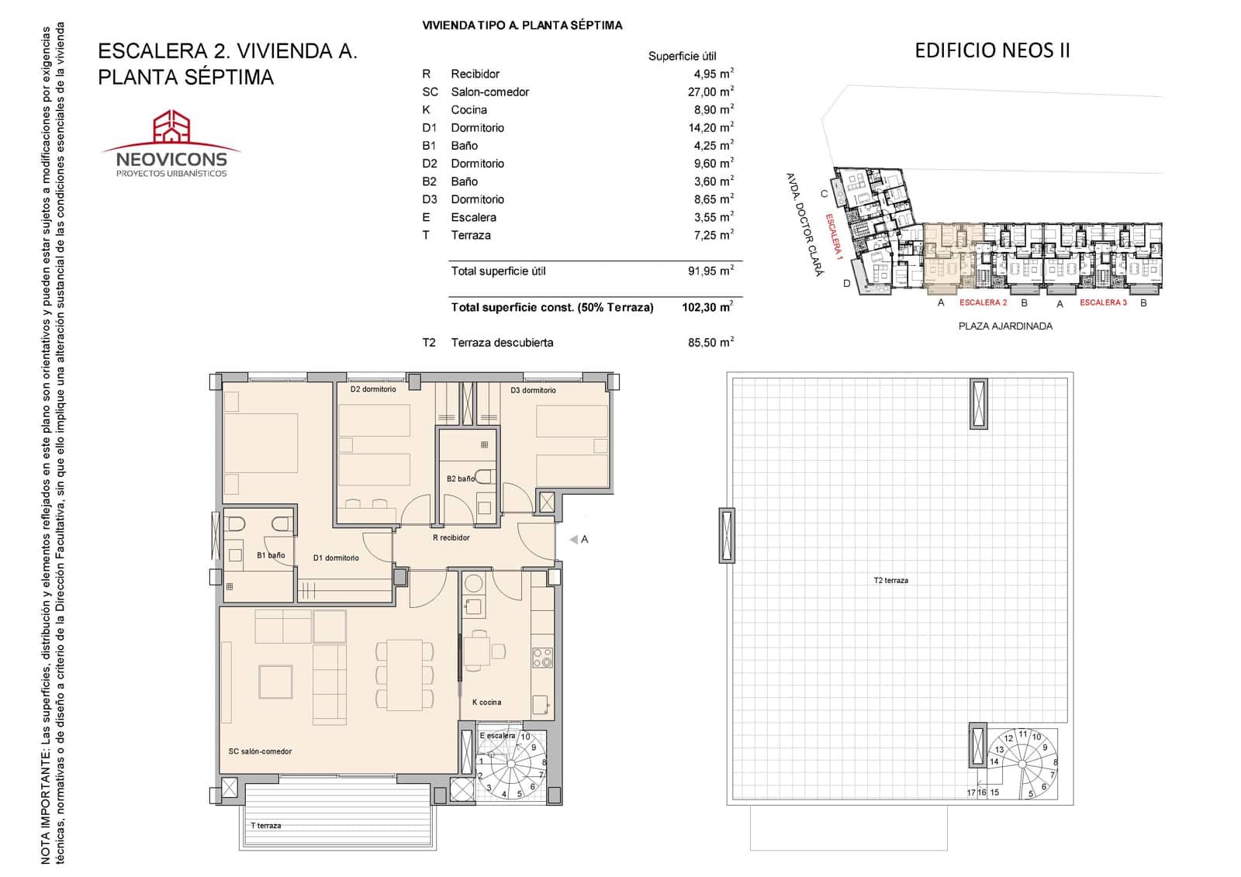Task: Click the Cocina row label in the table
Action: click(x=468, y=109)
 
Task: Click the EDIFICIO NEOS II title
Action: click(x=992, y=50)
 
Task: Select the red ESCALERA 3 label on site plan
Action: click(x=1103, y=302)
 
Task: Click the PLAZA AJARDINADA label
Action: click(x=1005, y=326)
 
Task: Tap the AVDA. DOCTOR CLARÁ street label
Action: click(x=804, y=225)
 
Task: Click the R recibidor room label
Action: click(x=451, y=537)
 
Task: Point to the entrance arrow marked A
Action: click(x=574, y=539)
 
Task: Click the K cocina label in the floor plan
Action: click(x=486, y=702)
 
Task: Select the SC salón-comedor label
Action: click(x=260, y=751)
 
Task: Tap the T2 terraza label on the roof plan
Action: click(x=890, y=580)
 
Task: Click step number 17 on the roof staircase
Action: click(x=971, y=792)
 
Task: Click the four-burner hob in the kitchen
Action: click(x=542, y=658)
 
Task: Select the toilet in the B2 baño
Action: click(x=484, y=476)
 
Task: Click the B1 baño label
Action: click(x=271, y=555)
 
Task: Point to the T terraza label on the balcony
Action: click(x=265, y=825)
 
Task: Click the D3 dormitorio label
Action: click(x=533, y=390)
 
